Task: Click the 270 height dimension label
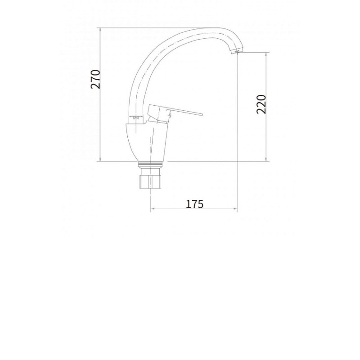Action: (95, 79)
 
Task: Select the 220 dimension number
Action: (261, 104)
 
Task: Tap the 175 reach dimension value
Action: (194, 204)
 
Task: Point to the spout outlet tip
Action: (236, 52)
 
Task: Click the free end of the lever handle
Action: (202, 114)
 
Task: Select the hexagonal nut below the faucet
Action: (150, 182)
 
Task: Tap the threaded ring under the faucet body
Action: (150, 165)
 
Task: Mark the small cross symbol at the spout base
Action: (136, 118)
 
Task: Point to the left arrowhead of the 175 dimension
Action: (152, 209)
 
